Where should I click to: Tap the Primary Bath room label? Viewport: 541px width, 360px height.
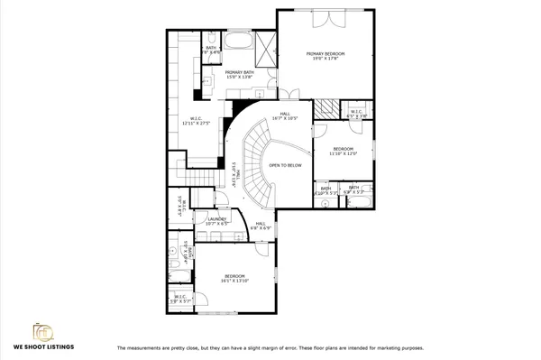click(x=239, y=75)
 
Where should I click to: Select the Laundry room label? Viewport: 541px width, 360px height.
click(x=216, y=221)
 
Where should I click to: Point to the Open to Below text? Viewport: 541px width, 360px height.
click(x=285, y=165)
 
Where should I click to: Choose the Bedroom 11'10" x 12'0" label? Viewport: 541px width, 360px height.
click(x=344, y=152)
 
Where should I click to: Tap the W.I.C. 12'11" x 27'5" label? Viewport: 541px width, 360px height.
click(x=196, y=120)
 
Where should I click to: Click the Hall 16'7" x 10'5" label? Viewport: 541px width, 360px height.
click(x=289, y=116)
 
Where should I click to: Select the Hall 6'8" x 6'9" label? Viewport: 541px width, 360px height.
click(x=260, y=226)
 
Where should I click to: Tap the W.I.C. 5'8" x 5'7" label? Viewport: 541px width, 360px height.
click(x=180, y=299)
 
